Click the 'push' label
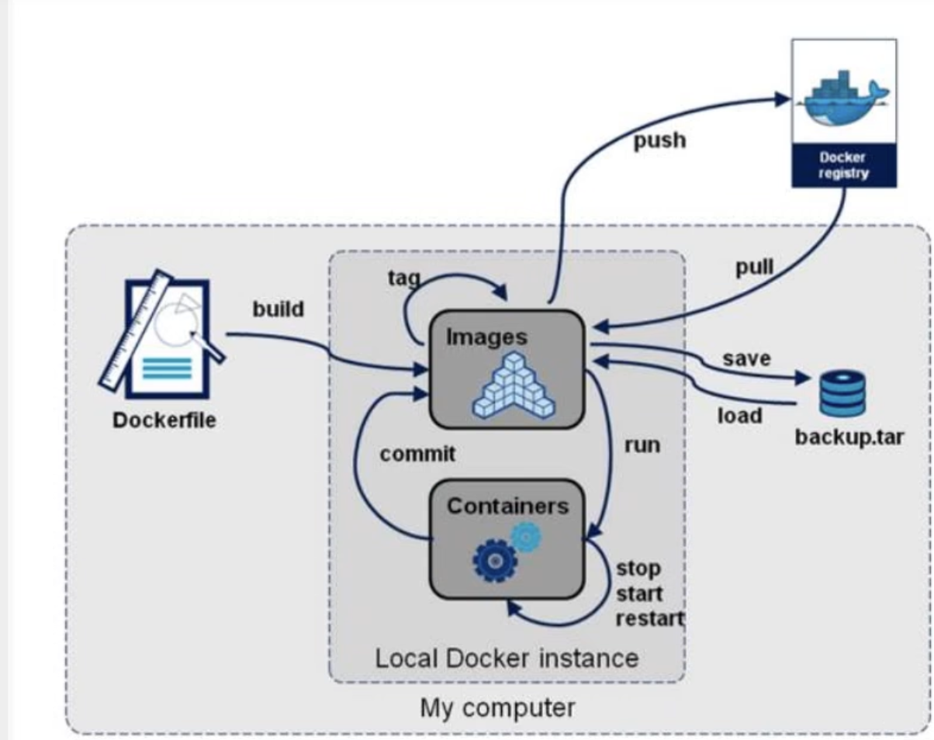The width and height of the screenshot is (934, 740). click(659, 141)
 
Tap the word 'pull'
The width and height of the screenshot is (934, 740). click(755, 267)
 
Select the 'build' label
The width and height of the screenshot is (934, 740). click(278, 309)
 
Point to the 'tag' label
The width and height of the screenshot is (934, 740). click(404, 278)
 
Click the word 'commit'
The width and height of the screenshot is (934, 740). click(417, 454)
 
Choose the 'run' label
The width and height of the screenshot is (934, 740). click(642, 445)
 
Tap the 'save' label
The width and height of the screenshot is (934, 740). click(746, 358)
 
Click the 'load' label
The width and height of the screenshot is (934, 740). click(740, 415)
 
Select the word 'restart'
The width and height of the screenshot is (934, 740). click(650, 619)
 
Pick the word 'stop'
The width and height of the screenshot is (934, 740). click(638, 569)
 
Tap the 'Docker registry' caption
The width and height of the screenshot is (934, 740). click(844, 165)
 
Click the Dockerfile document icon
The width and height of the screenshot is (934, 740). click(161, 334)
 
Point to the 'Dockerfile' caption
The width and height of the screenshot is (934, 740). click(164, 420)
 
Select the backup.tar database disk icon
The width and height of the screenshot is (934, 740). click(842, 393)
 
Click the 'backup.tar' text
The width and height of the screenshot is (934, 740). click(849, 437)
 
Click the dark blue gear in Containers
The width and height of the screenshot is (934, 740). click(495, 561)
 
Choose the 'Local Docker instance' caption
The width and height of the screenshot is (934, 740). click(507, 659)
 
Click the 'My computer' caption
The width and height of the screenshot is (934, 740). click(497, 708)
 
